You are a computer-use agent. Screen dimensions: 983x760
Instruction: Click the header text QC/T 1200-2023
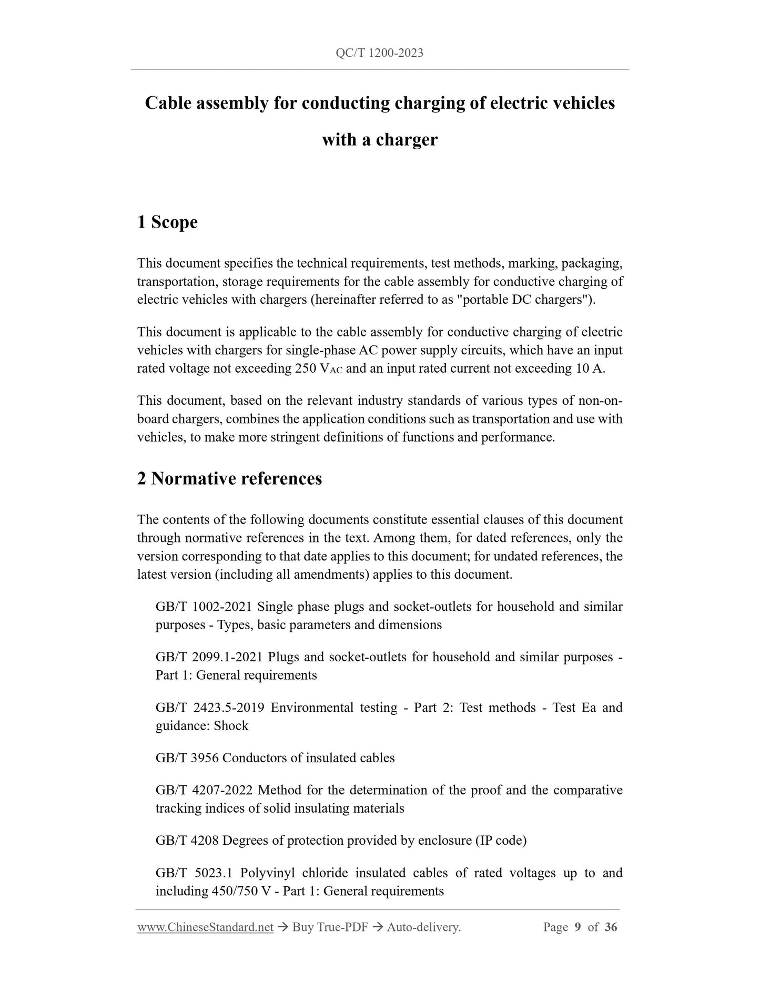click(x=380, y=53)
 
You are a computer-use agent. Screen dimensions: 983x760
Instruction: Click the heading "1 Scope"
click(x=167, y=222)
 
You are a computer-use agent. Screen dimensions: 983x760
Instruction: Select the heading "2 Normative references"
click(x=229, y=479)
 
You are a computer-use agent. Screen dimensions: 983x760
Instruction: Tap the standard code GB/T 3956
click(x=187, y=758)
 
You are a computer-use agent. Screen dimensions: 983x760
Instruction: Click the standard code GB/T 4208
click(x=187, y=841)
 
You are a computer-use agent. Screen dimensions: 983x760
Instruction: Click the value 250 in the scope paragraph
click(x=306, y=368)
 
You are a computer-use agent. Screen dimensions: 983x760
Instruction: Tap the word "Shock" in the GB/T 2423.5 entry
click(x=231, y=726)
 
